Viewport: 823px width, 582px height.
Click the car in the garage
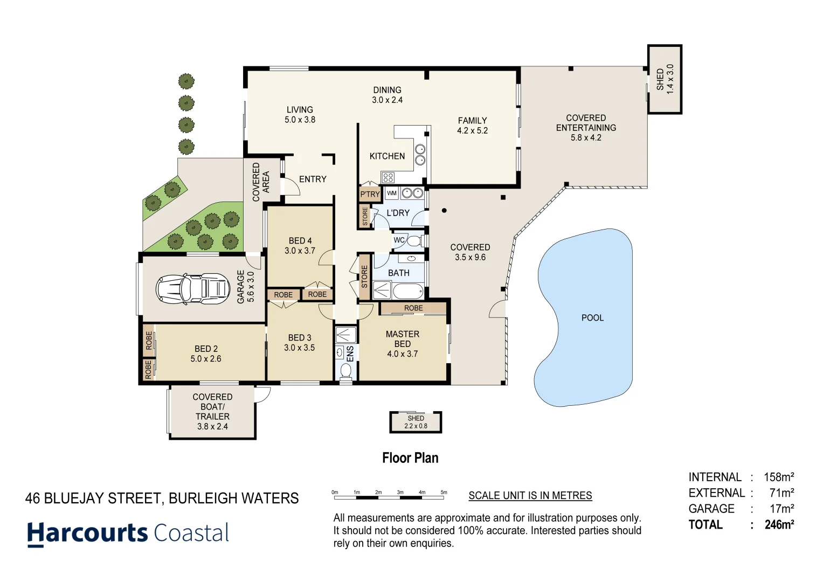coord(192,289)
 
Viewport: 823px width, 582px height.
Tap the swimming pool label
coord(592,318)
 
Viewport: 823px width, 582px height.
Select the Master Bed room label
coord(402,339)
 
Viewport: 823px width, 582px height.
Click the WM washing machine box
coord(392,193)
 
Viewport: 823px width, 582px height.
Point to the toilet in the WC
coord(414,240)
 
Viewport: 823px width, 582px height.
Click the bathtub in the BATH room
coord(407,292)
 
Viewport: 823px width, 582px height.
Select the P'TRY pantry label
coord(370,195)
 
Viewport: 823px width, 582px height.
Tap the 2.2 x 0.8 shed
coord(416,422)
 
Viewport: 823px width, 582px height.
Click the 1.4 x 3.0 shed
coord(665,79)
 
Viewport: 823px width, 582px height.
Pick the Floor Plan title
coord(410,458)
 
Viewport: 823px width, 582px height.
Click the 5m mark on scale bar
coord(444,493)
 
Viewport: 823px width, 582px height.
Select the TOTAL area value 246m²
coord(779,524)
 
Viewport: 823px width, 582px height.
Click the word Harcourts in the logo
coord(87,533)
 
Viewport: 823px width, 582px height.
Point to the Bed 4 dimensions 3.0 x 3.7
coord(300,251)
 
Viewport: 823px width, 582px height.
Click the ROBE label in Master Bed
coord(413,308)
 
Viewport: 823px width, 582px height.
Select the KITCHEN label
coord(387,156)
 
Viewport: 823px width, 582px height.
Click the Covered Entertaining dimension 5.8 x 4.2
coord(586,138)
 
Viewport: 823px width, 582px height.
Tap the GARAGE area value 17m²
coord(781,509)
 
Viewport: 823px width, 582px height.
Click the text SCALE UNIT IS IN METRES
coord(530,496)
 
